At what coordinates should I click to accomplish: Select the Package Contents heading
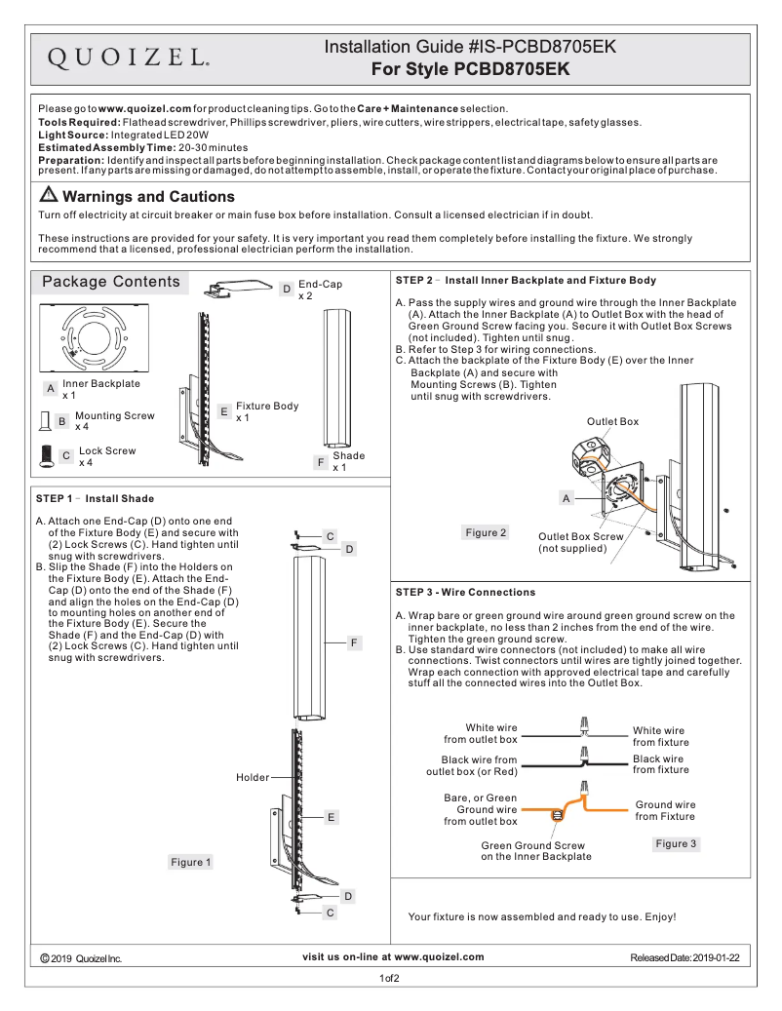[x=110, y=283]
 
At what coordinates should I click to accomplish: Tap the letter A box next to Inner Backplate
[x=50, y=388]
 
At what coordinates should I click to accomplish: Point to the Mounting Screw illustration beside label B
[x=44, y=421]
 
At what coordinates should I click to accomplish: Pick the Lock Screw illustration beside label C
[x=45, y=456]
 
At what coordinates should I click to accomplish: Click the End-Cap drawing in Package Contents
[x=240, y=287]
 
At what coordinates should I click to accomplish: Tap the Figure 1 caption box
[x=190, y=862]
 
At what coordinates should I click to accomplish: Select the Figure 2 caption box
[x=486, y=532]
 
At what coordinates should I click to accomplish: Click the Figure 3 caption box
[x=677, y=843]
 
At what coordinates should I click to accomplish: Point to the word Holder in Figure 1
[x=253, y=777]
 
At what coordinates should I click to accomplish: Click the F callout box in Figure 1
[x=356, y=642]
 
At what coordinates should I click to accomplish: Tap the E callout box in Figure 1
[x=332, y=817]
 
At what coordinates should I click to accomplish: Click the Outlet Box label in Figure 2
[x=612, y=421]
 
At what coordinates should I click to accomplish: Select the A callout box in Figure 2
[x=565, y=498]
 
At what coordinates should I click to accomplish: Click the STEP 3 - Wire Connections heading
[x=465, y=592]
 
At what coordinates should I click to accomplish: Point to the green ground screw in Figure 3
[x=558, y=815]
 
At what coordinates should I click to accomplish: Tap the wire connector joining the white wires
[x=585, y=727]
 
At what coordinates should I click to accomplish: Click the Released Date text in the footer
[x=684, y=958]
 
